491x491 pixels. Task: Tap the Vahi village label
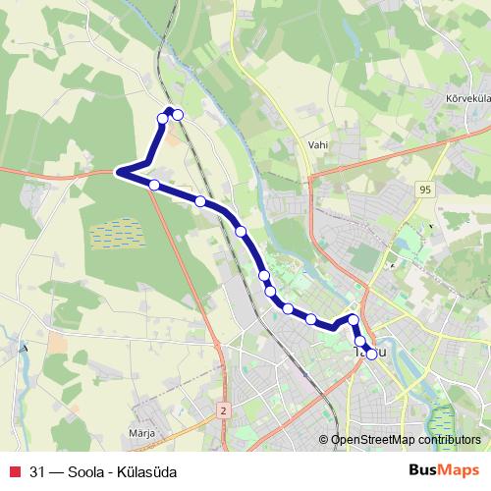coord(316,144)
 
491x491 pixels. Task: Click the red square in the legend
coord(14,469)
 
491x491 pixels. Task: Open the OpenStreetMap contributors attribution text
coord(406,441)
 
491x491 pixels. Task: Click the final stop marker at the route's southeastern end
coord(370,354)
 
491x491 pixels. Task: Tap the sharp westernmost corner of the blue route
coord(119,172)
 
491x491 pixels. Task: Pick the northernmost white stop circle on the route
coord(178,115)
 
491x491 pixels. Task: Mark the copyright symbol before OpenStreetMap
coord(324,441)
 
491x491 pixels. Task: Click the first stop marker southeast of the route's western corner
coord(154,184)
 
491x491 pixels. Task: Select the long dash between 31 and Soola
coord(57,469)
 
